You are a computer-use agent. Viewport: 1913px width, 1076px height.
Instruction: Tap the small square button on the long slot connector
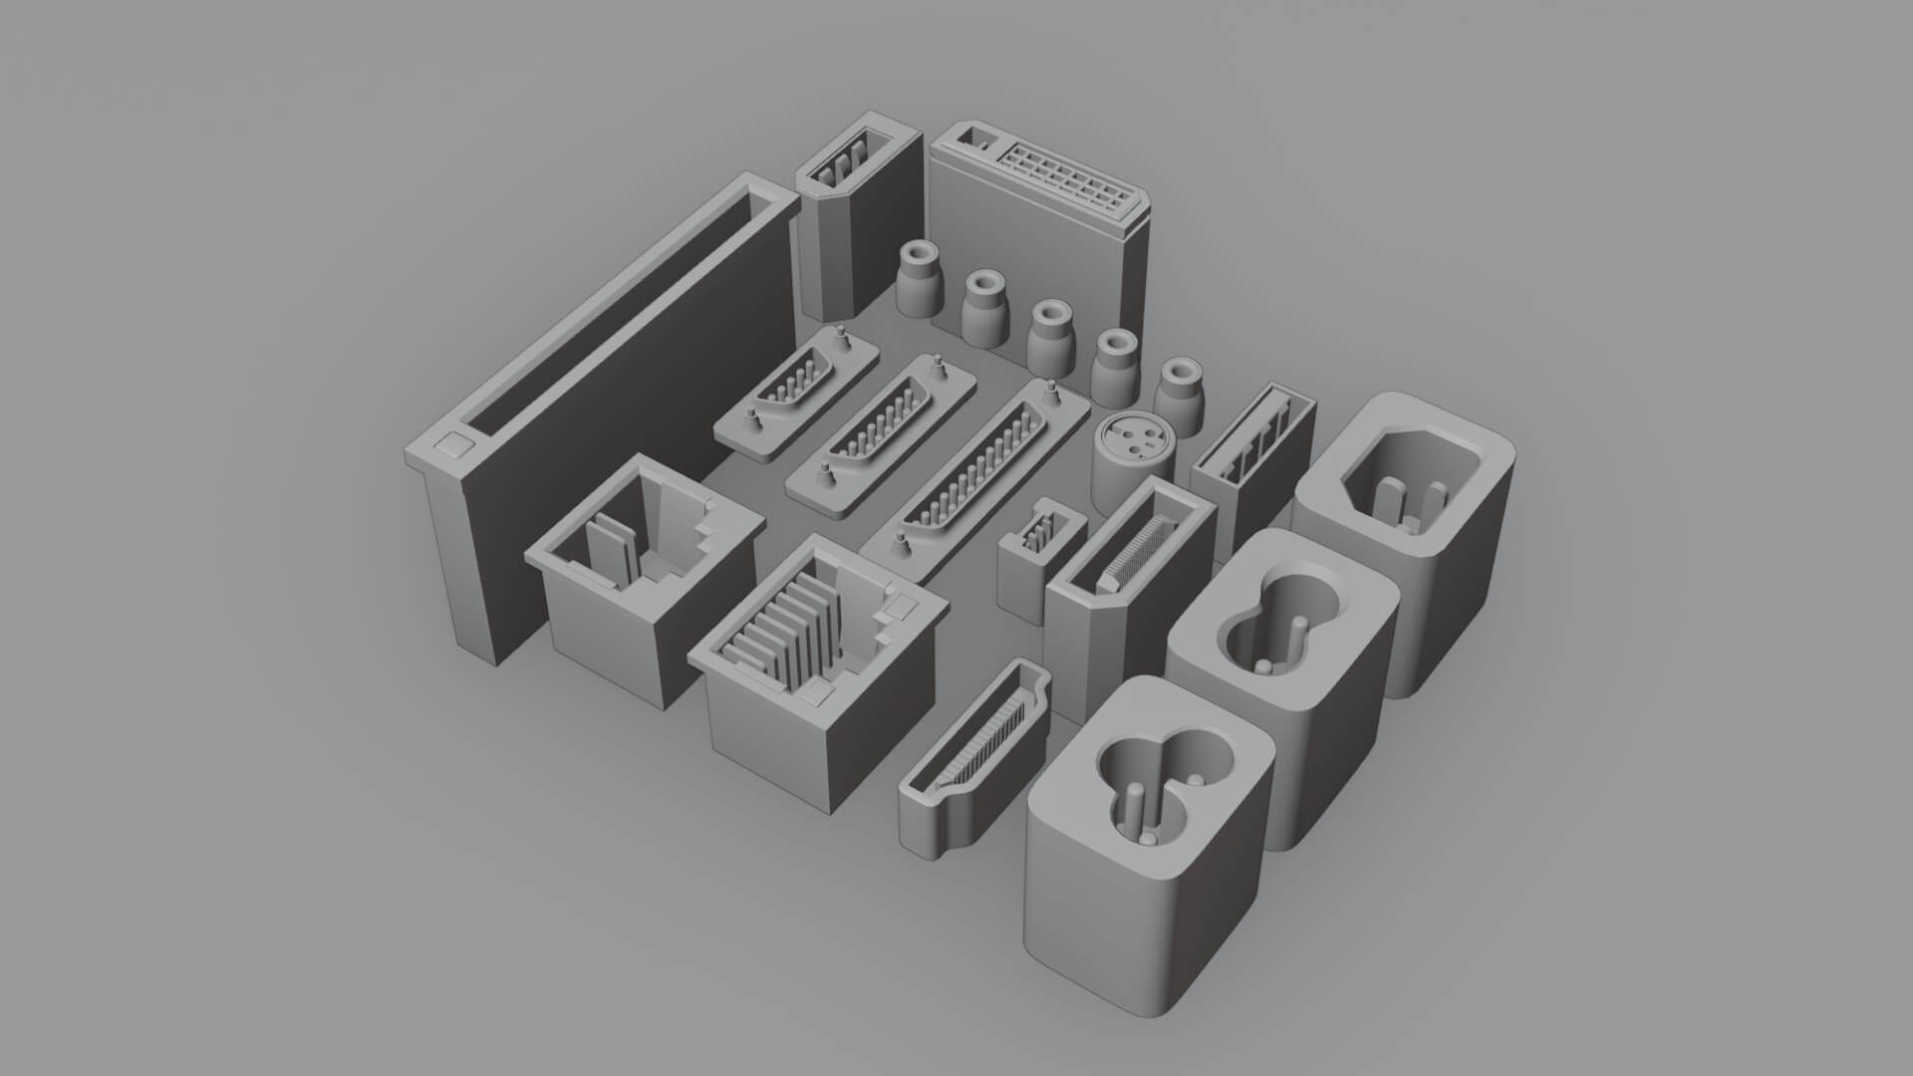pos(453,444)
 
